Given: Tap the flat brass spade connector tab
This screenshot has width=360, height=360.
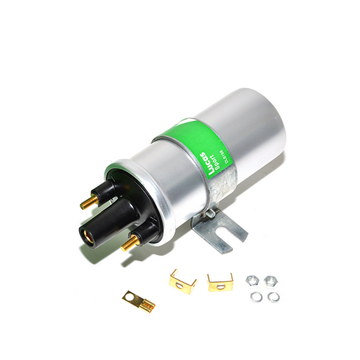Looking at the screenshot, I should pyautogui.click(x=138, y=301).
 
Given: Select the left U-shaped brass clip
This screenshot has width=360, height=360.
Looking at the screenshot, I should pyautogui.click(x=182, y=281).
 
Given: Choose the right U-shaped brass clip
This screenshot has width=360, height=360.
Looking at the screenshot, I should pyautogui.click(x=220, y=283).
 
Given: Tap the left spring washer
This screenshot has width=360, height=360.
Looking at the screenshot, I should pyautogui.click(x=256, y=297).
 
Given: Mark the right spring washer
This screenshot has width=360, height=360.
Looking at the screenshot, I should pyautogui.click(x=274, y=297).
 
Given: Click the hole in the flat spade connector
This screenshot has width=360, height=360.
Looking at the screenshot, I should pyautogui.click(x=129, y=297).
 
